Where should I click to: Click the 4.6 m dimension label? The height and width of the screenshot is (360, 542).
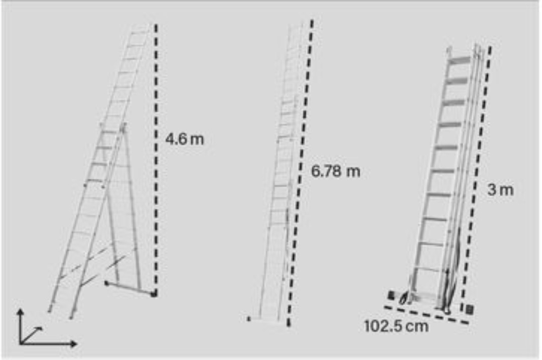pyautogui.click(x=185, y=139)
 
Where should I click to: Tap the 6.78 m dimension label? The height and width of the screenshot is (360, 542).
pyautogui.click(x=336, y=171)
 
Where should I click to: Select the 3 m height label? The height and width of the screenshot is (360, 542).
pyautogui.click(x=500, y=190)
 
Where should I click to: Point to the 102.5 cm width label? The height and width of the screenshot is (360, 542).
pyautogui.click(x=396, y=326)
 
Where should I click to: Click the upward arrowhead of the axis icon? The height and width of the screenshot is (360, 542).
pyautogui.click(x=21, y=312)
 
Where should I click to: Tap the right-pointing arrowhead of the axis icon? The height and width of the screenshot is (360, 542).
pyautogui.click(x=73, y=344)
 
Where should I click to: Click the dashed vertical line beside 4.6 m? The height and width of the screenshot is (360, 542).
pyautogui.click(x=156, y=160)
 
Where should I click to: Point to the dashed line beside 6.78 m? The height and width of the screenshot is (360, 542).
pyautogui.click(x=300, y=173)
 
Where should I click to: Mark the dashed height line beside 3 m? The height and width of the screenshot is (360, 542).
pyautogui.click(x=476, y=178)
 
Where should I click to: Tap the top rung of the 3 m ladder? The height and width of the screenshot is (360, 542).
pyautogui.click(x=459, y=60)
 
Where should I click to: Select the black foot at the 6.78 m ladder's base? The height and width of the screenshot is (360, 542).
pyautogui.click(x=249, y=318)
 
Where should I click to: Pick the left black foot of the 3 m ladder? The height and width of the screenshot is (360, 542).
pyautogui.click(x=391, y=295)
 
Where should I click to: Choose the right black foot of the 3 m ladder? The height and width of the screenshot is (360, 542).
pyautogui.click(x=469, y=309)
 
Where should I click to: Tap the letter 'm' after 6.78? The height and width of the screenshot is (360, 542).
pyautogui.click(x=353, y=172)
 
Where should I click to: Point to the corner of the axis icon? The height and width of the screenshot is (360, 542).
pyautogui.click(x=21, y=344)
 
